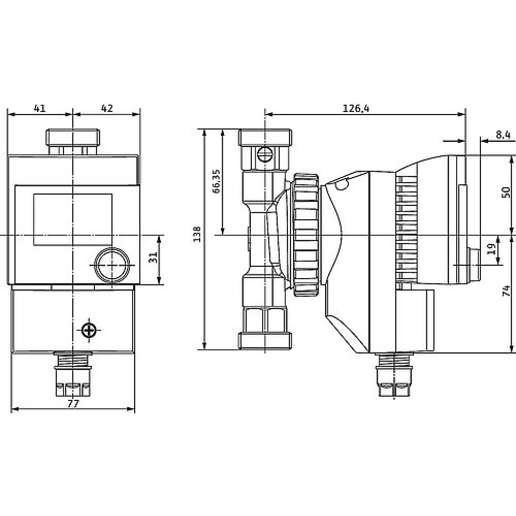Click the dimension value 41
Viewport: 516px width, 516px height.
40,108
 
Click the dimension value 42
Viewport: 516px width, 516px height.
107,108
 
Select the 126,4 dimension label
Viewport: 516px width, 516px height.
356,108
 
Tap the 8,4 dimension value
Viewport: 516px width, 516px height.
503,135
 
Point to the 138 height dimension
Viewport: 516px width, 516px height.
197,234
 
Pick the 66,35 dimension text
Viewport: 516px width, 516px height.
216,181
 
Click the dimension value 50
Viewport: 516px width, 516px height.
506,192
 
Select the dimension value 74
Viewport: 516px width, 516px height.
506,291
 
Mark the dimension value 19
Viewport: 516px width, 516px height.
491,249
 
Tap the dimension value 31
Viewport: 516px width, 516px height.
153,257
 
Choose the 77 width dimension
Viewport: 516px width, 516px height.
73,404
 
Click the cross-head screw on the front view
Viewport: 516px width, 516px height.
89,330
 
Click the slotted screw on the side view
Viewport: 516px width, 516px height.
265,154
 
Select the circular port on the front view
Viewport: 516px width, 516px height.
112,265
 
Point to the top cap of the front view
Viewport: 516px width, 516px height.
73,138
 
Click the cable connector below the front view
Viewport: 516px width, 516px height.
73,374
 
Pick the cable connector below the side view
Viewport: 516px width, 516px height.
394,375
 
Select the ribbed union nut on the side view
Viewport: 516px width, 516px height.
307,235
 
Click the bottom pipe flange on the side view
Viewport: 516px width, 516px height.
265,341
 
